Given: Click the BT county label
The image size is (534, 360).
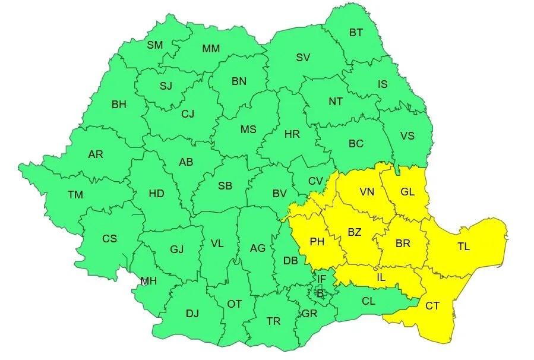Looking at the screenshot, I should pos(356,33).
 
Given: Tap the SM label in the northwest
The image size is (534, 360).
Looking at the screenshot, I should pos(155,45).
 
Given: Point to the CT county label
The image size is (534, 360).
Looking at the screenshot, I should pos(432,306).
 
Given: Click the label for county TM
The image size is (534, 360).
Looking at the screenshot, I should pos(75,195).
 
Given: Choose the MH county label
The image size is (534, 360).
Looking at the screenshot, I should pos(148,281).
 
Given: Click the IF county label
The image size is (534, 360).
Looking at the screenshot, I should pos(321,279).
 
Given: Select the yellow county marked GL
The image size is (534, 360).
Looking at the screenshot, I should pos(407,192).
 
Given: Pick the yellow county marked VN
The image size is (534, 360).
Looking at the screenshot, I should pos(367,192).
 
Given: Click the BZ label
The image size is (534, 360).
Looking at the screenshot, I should pos(354,232).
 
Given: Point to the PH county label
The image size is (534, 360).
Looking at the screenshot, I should pos(317,242).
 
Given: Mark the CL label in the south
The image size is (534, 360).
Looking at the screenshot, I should pos(368,301).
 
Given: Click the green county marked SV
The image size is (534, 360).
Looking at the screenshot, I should pos(303,58).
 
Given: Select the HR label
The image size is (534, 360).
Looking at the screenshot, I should pos(292,134).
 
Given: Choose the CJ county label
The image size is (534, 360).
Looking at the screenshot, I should pos(188,114).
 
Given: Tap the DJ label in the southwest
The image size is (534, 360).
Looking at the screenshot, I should pos(192,314).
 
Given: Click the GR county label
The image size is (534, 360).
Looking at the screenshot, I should pos(309,314).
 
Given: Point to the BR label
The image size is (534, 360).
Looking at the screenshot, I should pos(403,243).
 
